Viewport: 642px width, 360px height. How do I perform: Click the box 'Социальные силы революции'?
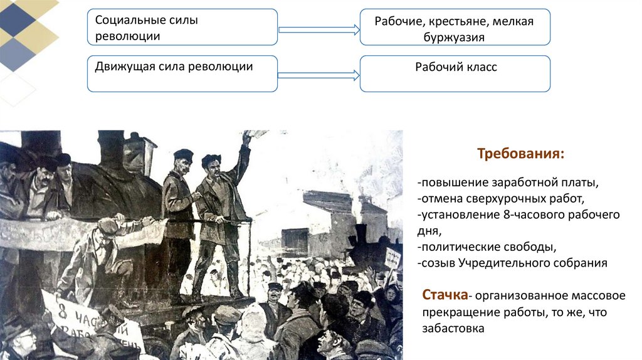pos(182,27)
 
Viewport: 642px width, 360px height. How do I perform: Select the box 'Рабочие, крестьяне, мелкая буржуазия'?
pos(455,27)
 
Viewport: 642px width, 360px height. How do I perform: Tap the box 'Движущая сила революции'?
pos(182,73)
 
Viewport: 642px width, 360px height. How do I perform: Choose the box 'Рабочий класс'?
pos(455,73)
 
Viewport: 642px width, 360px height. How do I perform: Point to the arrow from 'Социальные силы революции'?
pos(318,29)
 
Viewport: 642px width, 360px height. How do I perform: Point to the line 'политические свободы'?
pos(486,247)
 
